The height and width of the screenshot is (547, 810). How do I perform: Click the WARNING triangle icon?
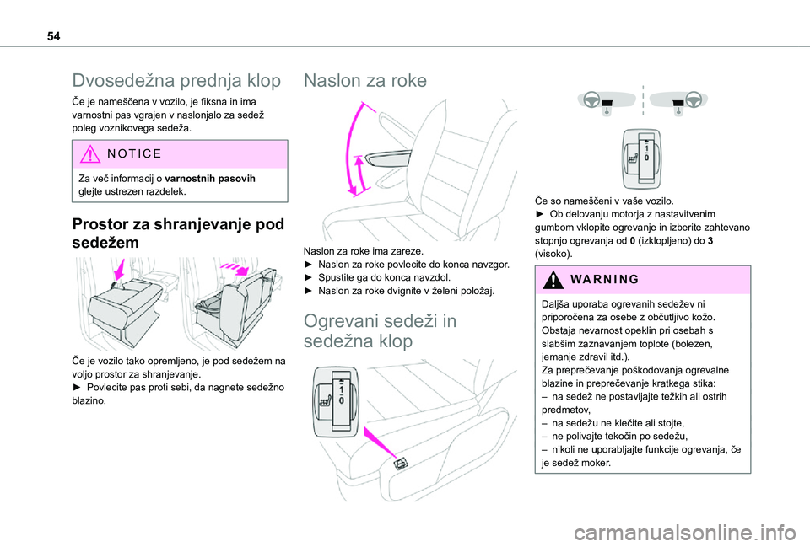pyautogui.click(x=554, y=280)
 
